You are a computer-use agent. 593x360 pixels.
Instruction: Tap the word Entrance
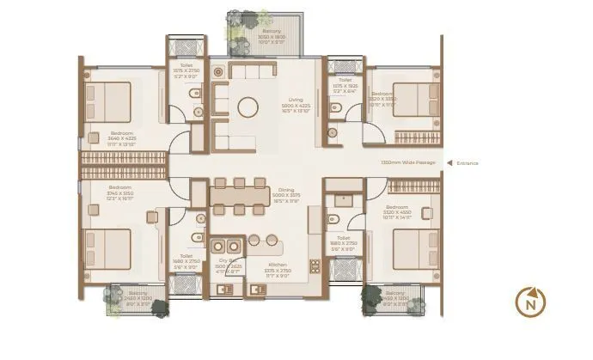468,162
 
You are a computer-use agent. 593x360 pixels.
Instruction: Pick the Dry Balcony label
228,265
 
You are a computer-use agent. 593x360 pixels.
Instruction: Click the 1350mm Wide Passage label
407,162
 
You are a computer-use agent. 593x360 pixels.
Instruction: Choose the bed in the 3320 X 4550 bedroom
415,249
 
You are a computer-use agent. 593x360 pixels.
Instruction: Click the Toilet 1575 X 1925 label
345,84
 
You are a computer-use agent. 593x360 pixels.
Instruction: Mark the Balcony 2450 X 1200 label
396,300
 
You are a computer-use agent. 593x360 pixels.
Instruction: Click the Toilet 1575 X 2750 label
180,71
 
